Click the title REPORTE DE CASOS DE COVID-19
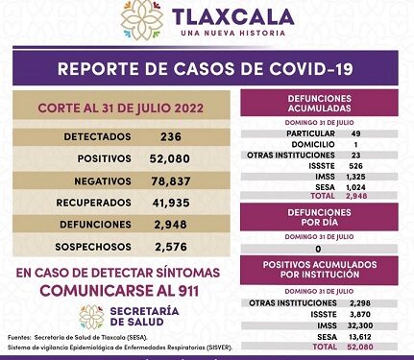[207, 68]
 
